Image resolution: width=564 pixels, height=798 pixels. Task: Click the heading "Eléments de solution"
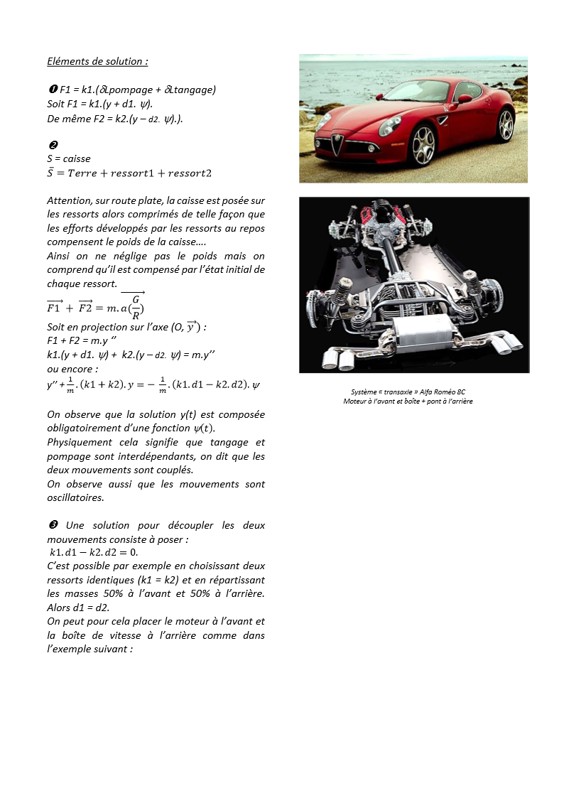(x=97, y=61)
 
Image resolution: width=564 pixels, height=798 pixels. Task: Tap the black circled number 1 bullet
(x=52, y=90)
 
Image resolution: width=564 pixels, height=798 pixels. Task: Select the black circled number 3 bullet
(x=53, y=525)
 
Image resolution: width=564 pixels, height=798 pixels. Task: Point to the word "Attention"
(x=70, y=201)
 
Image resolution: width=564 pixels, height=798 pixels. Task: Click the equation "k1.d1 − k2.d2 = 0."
(x=94, y=552)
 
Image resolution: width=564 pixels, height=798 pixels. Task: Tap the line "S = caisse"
(x=69, y=158)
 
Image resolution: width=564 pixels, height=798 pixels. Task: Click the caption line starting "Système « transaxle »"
(x=408, y=392)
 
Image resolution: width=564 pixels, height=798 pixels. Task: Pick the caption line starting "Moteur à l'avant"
(x=408, y=401)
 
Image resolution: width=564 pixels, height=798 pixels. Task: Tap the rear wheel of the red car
(x=506, y=125)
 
